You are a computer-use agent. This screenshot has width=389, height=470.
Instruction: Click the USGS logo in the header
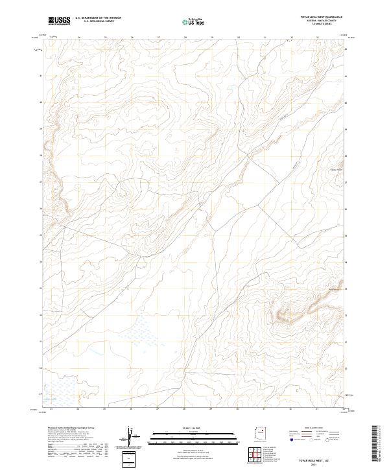tap(60, 21)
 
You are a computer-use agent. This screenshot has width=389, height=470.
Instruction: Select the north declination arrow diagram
tap(132, 439)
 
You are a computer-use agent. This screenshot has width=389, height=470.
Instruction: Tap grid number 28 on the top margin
tap(185, 38)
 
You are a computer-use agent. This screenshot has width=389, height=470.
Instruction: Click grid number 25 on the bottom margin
tap(105, 408)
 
